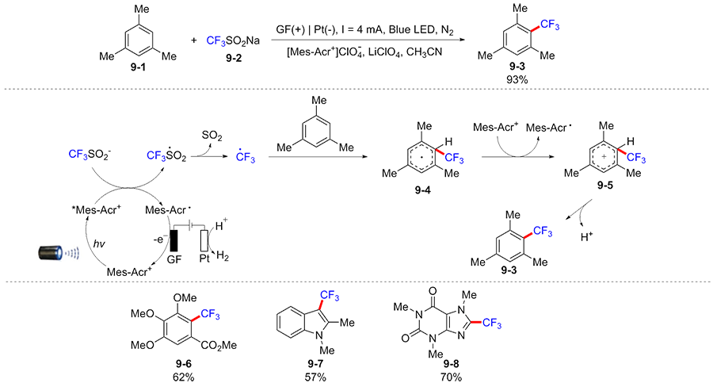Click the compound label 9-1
pos(138,67)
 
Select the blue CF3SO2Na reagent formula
pos(233,41)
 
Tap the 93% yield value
pos(517,79)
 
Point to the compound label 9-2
pos(234,58)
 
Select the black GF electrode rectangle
pos(173,240)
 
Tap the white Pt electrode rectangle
pos(204,240)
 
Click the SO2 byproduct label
pos(212,136)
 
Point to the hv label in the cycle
pos(99,244)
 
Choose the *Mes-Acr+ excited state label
pos(96,210)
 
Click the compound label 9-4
pos(422,190)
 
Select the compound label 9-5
pos(604,186)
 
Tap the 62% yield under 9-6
pos(183,377)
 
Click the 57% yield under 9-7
pos(315,377)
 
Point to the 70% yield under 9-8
pos(451,377)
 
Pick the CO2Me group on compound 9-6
pos(219,346)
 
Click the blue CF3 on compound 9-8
pos(491,324)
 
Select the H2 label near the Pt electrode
pos(223,256)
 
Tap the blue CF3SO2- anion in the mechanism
pos(89,155)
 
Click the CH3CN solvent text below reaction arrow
pos(424,52)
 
